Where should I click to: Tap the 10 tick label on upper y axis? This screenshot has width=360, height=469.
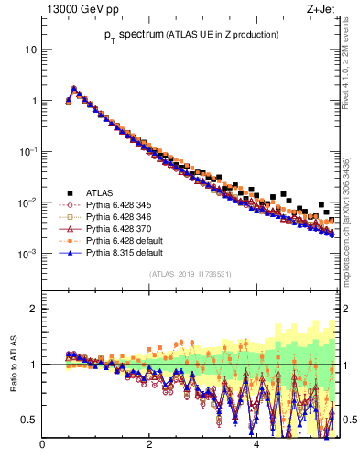click(x=31, y=49)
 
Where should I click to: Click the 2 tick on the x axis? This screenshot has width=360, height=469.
click(x=149, y=445)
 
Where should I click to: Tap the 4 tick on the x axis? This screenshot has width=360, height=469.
click(x=256, y=445)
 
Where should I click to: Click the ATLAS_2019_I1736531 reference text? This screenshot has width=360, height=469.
click(x=189, y=274)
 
